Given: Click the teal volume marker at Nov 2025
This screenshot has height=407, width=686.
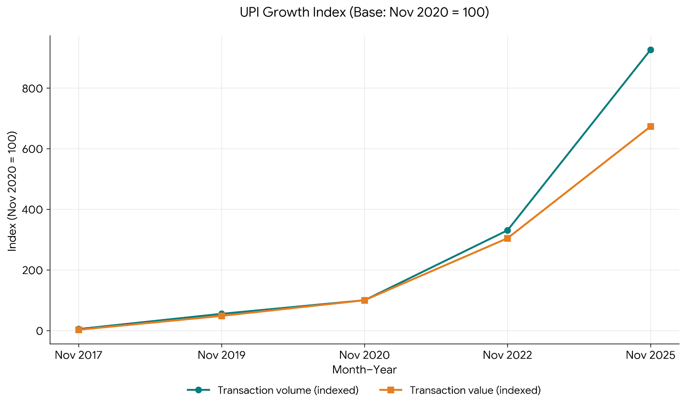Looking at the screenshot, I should (x=650, y=50).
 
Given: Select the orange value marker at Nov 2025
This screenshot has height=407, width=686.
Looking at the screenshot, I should (x=650, y=127).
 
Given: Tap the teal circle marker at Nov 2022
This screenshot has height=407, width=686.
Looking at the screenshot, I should (x=507, y=231).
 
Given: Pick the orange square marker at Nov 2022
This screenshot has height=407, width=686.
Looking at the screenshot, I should (x=507, y=238).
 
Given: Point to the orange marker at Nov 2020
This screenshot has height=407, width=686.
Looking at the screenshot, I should (x=364, y=300).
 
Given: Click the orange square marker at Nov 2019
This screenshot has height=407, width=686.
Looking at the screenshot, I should (x=222, y=316).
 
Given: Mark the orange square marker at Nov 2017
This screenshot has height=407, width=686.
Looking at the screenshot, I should (x=78, y=330).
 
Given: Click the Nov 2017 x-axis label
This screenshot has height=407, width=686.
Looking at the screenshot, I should (x=78, y=355).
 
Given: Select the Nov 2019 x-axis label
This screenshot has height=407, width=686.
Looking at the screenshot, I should (x=222, y=355).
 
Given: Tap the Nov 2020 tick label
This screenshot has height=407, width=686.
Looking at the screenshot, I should (x=364, y=355).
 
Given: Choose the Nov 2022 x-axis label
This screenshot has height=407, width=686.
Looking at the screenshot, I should (x=507, y=355).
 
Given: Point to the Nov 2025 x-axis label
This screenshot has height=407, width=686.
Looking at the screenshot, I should (x=650, y=355).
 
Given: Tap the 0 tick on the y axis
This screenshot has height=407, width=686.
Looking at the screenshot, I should (x=40, y=331).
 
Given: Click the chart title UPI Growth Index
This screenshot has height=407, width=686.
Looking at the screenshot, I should (x=364, y=12).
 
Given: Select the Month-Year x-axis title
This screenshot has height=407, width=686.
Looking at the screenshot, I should (x=364, y=370).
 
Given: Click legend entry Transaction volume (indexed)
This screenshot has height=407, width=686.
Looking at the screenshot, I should (x=288, y=390).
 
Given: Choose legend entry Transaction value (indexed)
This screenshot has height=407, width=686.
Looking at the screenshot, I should (x=475, y=390).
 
